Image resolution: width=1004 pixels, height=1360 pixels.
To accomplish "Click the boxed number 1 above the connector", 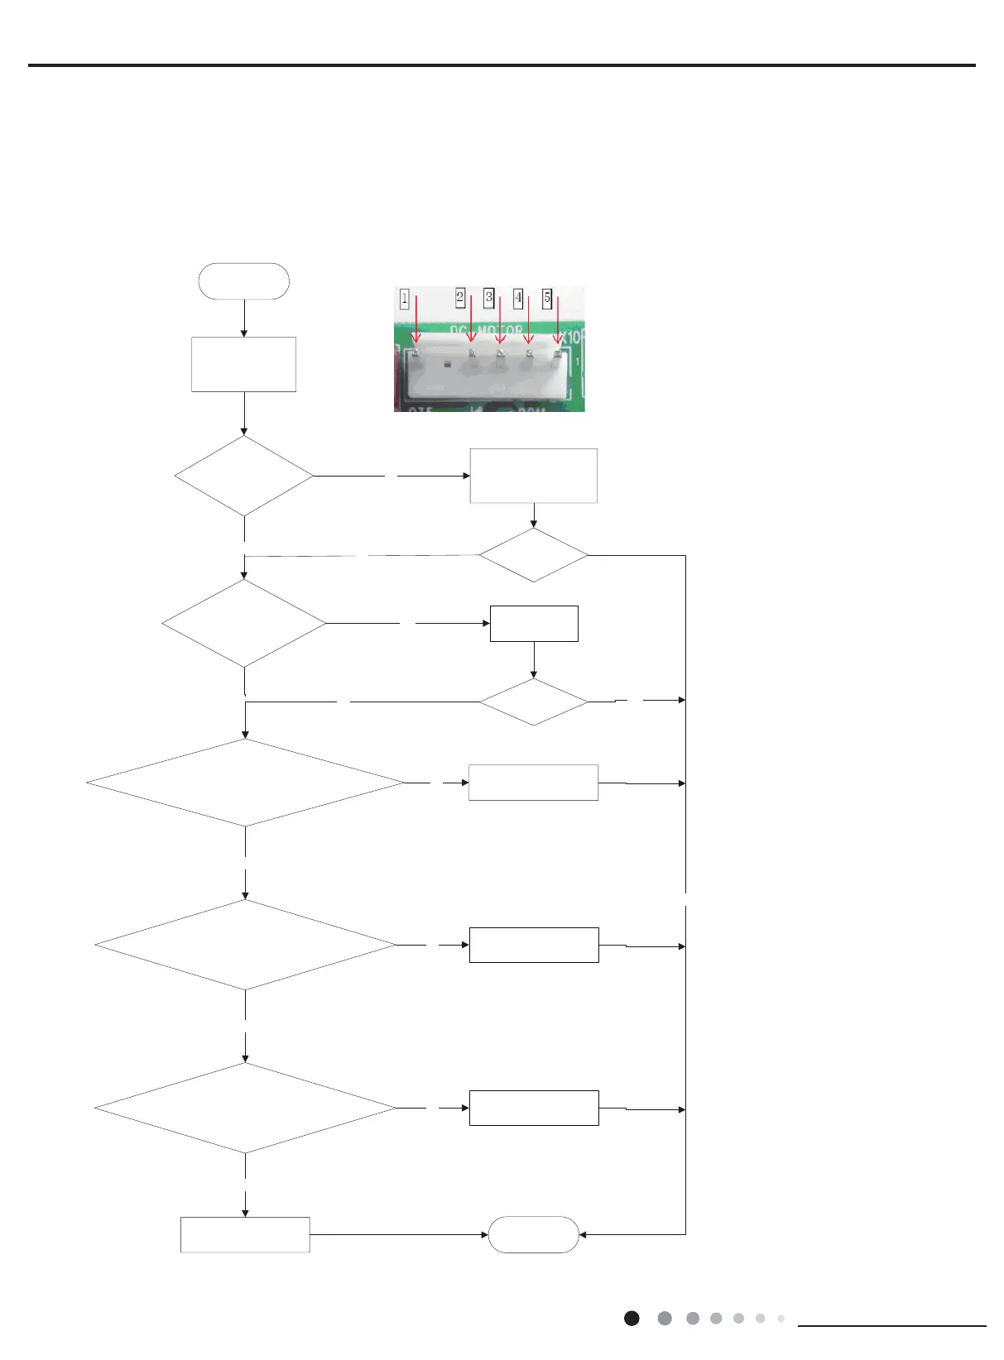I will point(404,298).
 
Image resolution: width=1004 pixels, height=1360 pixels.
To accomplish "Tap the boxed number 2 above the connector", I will point(460,297).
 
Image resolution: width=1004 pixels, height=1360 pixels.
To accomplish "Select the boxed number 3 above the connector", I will point(489,297).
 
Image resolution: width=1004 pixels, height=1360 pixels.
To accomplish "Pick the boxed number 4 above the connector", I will point(518,297).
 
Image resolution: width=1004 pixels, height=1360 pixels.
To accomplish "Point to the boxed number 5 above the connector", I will point(547,297).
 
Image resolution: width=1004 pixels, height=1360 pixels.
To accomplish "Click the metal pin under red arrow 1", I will point(416,354).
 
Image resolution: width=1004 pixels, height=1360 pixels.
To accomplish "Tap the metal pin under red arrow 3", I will point(500,354).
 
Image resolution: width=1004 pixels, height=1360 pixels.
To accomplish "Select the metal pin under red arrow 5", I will point(557,354).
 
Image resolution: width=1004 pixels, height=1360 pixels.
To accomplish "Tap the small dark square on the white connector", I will point(446,364).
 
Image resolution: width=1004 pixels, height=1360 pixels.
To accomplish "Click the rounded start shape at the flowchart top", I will point(244,281).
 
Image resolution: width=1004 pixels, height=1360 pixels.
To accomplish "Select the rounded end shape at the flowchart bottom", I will point(534,1234).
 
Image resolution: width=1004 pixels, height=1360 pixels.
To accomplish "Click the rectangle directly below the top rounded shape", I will point(244,364).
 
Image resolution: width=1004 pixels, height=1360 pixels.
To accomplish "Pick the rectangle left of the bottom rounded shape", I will point(245,1234).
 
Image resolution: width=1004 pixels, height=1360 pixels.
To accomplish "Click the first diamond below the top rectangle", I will point(244,476).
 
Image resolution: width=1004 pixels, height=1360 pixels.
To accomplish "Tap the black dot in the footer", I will point(632,1319).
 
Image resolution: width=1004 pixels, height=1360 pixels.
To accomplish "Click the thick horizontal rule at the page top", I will point(502,65).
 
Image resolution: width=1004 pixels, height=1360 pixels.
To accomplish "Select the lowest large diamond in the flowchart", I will point(246,1108).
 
